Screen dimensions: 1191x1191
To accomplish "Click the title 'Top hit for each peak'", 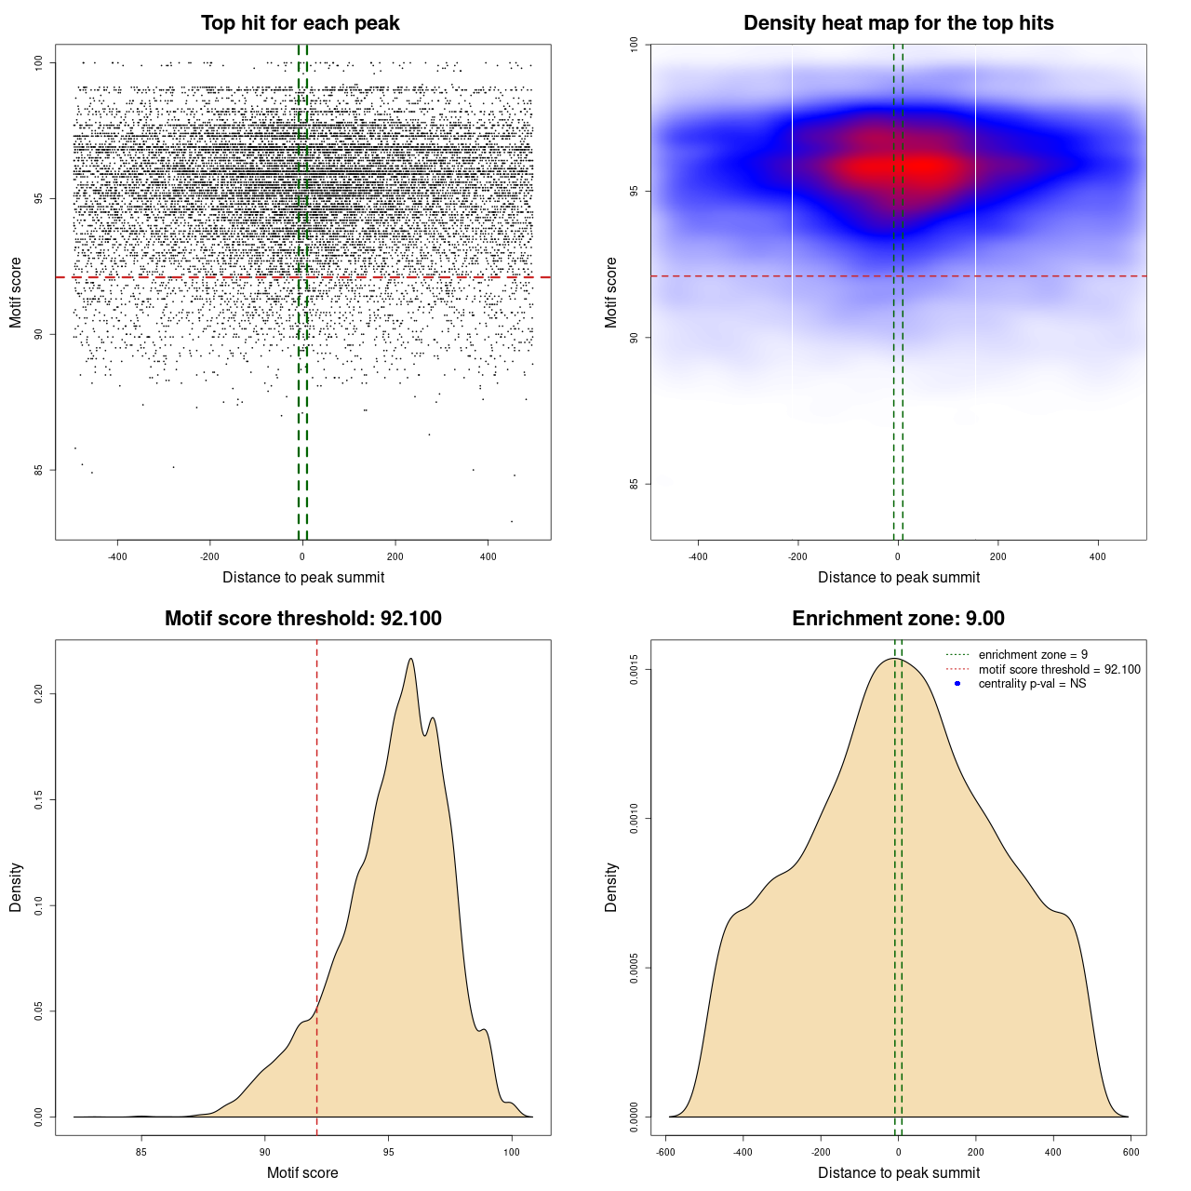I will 300,23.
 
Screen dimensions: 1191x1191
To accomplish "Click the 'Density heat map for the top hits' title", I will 898,23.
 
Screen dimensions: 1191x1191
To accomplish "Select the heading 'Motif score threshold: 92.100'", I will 302,619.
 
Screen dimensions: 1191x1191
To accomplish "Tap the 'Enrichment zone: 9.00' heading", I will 898,619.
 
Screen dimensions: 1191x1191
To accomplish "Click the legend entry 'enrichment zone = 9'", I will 1033,655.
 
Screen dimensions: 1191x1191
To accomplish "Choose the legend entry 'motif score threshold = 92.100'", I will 1059,669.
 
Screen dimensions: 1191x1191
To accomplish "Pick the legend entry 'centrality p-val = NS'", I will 1032,684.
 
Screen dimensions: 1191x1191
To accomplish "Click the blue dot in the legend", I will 957,684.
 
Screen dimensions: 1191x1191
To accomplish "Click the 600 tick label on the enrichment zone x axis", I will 1131,1153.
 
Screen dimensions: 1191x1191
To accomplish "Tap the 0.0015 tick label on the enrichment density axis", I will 634,670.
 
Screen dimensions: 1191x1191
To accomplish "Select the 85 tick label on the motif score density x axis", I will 141,1153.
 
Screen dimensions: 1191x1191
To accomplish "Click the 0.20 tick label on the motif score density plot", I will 39,694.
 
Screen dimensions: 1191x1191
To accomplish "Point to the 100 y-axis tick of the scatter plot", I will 39,62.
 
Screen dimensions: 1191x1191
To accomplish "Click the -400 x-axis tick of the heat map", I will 698,557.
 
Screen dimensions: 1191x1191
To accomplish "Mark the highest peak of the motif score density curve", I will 410,659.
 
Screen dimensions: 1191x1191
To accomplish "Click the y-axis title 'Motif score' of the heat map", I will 611,292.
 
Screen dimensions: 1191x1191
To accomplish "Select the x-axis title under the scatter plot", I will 303,578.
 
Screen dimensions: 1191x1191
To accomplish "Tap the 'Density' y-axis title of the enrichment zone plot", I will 611,887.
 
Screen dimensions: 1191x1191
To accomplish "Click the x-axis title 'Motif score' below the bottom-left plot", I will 302,1173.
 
